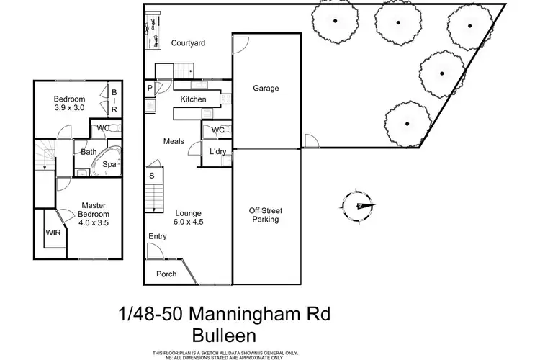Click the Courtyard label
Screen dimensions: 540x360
coord(189,43)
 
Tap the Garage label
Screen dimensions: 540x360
coord(266,89)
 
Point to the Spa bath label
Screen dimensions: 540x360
coord(109,164)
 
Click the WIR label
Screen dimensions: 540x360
coord(53,233)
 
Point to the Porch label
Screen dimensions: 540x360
coord(166,274)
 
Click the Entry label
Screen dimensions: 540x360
coord(158,237)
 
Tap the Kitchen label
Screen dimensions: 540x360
coord(194,99)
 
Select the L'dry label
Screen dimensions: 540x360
coord(217,152)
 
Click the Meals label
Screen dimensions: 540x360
coord(175,141)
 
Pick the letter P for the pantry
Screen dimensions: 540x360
coord(150,89)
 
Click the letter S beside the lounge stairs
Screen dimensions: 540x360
coord(152,175)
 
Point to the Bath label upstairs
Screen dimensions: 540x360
coord(89,152)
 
